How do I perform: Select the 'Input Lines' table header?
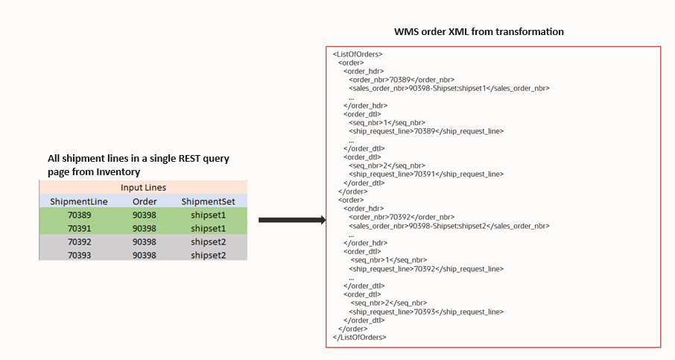[x=143, y=188]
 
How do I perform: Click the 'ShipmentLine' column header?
[x=79, y=201]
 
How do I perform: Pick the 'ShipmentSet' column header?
[x=208, y=201]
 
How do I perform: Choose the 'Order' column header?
[x=145, y=201]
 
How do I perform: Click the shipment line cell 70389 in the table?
[x=79, y=215]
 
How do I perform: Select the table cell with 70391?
[x=79, y=228]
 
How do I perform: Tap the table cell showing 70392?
[x=79, y=241]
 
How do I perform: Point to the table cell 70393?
[x=79, y=255]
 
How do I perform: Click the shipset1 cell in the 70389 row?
[x=208, y=215]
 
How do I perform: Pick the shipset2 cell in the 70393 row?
[x=208, y=255]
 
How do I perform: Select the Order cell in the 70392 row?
[x=145, y=241]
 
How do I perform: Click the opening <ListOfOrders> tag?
[x=358, y=54]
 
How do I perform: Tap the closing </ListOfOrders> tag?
[x=360, y=337]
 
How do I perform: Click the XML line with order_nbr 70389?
[x=402, y=79]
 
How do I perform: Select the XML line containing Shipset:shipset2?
[x=449, y=225]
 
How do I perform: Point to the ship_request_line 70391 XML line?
[x=425, y=174]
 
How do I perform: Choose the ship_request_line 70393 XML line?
[x=425, y=312]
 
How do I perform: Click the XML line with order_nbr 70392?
[x=402, y=217]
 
